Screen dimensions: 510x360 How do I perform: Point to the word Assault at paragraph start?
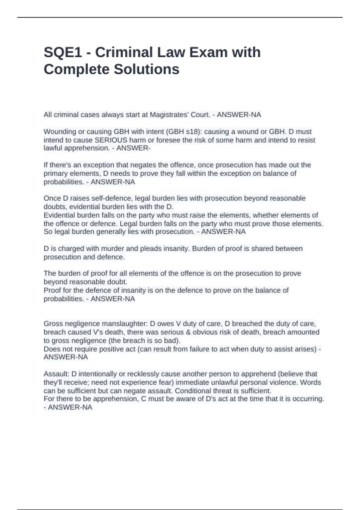click(x=56, y=374)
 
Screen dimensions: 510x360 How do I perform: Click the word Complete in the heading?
click(x=76, y=69)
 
